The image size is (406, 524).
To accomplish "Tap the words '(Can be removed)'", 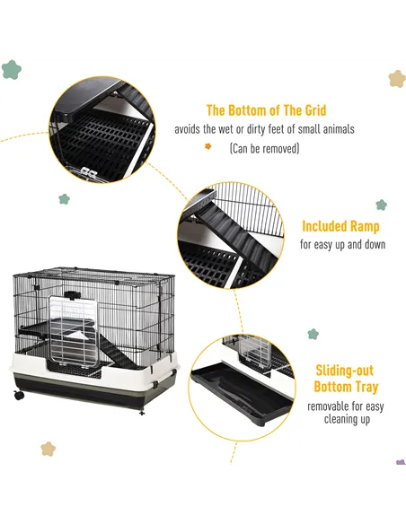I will [263, 148].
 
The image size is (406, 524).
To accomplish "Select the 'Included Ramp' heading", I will [340, 227].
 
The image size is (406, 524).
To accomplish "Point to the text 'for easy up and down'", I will [342, 244].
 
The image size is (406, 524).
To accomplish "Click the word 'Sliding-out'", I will [344, 371].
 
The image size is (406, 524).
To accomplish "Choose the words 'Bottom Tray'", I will [345, 388].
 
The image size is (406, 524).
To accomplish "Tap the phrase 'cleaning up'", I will [346, 419].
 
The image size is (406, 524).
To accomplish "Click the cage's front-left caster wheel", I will [19, 394].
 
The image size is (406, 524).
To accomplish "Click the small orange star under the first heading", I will [208, 146].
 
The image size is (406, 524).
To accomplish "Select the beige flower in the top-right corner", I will [396, 79].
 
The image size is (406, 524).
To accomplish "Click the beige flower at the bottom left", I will [49, 448].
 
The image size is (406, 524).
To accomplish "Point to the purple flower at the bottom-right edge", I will [400, 463].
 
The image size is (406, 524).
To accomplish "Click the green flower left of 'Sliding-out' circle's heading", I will [313, 334].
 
